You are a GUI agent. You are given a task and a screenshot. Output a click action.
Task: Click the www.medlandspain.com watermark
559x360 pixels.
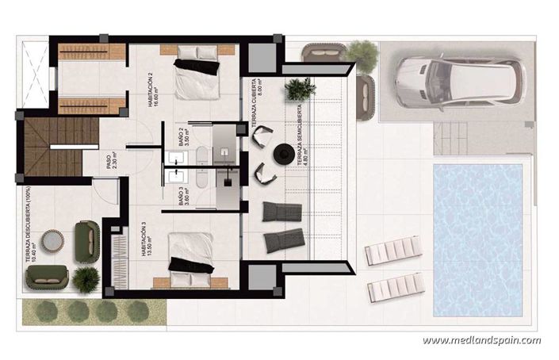point(481,341)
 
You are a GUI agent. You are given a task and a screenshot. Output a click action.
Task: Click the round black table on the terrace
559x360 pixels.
point(283,154)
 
